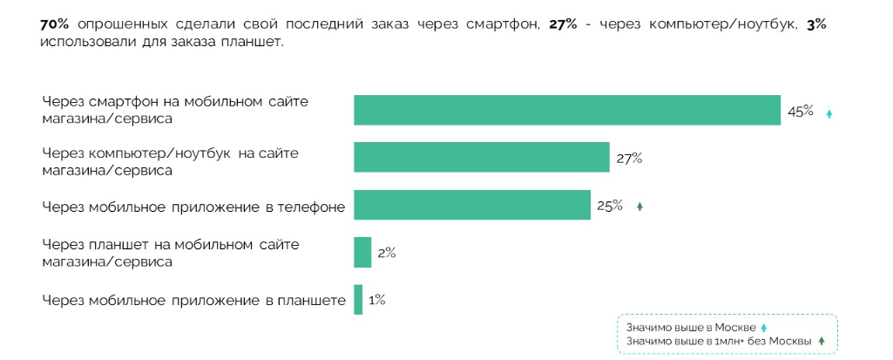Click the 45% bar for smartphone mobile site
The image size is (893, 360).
pyautogui.click(x=566, y=110)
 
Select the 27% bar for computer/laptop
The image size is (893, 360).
pyautogui.click(x=481, y=158)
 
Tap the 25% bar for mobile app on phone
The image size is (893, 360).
pyautogui.click(x=471, y=206)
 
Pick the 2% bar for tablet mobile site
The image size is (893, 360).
pyautogui.click(x=362, y=253)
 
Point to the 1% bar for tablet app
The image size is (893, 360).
pyautogui.click(x=358, y=300)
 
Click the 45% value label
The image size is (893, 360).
pyautogui.click(x=800, y=111)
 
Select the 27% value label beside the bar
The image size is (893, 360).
pyautogui.click(x=629, y=158)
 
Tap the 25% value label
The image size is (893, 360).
pyautogui.click(x=610, y=206)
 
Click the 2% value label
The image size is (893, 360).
pyautogui.click(x=387, y=253)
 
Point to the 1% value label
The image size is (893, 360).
pyautogui.click(x=377, y=300)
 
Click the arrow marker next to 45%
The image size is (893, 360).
pyautogui.click(x=829, y=113)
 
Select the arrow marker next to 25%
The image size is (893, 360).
pyautogui.click(x=639, y=207)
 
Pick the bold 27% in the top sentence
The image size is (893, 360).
pyautogui.click(x=563, y=24)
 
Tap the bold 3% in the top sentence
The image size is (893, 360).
pyautogui.click(x=816, y=24)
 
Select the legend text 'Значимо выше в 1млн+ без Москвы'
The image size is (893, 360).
pyautogui.click(x=718, y=341)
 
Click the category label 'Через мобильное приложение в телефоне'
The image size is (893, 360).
pyautogui.click(x=193, y=207)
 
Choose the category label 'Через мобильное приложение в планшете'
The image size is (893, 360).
pyautogui.click(x=193, y=301)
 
